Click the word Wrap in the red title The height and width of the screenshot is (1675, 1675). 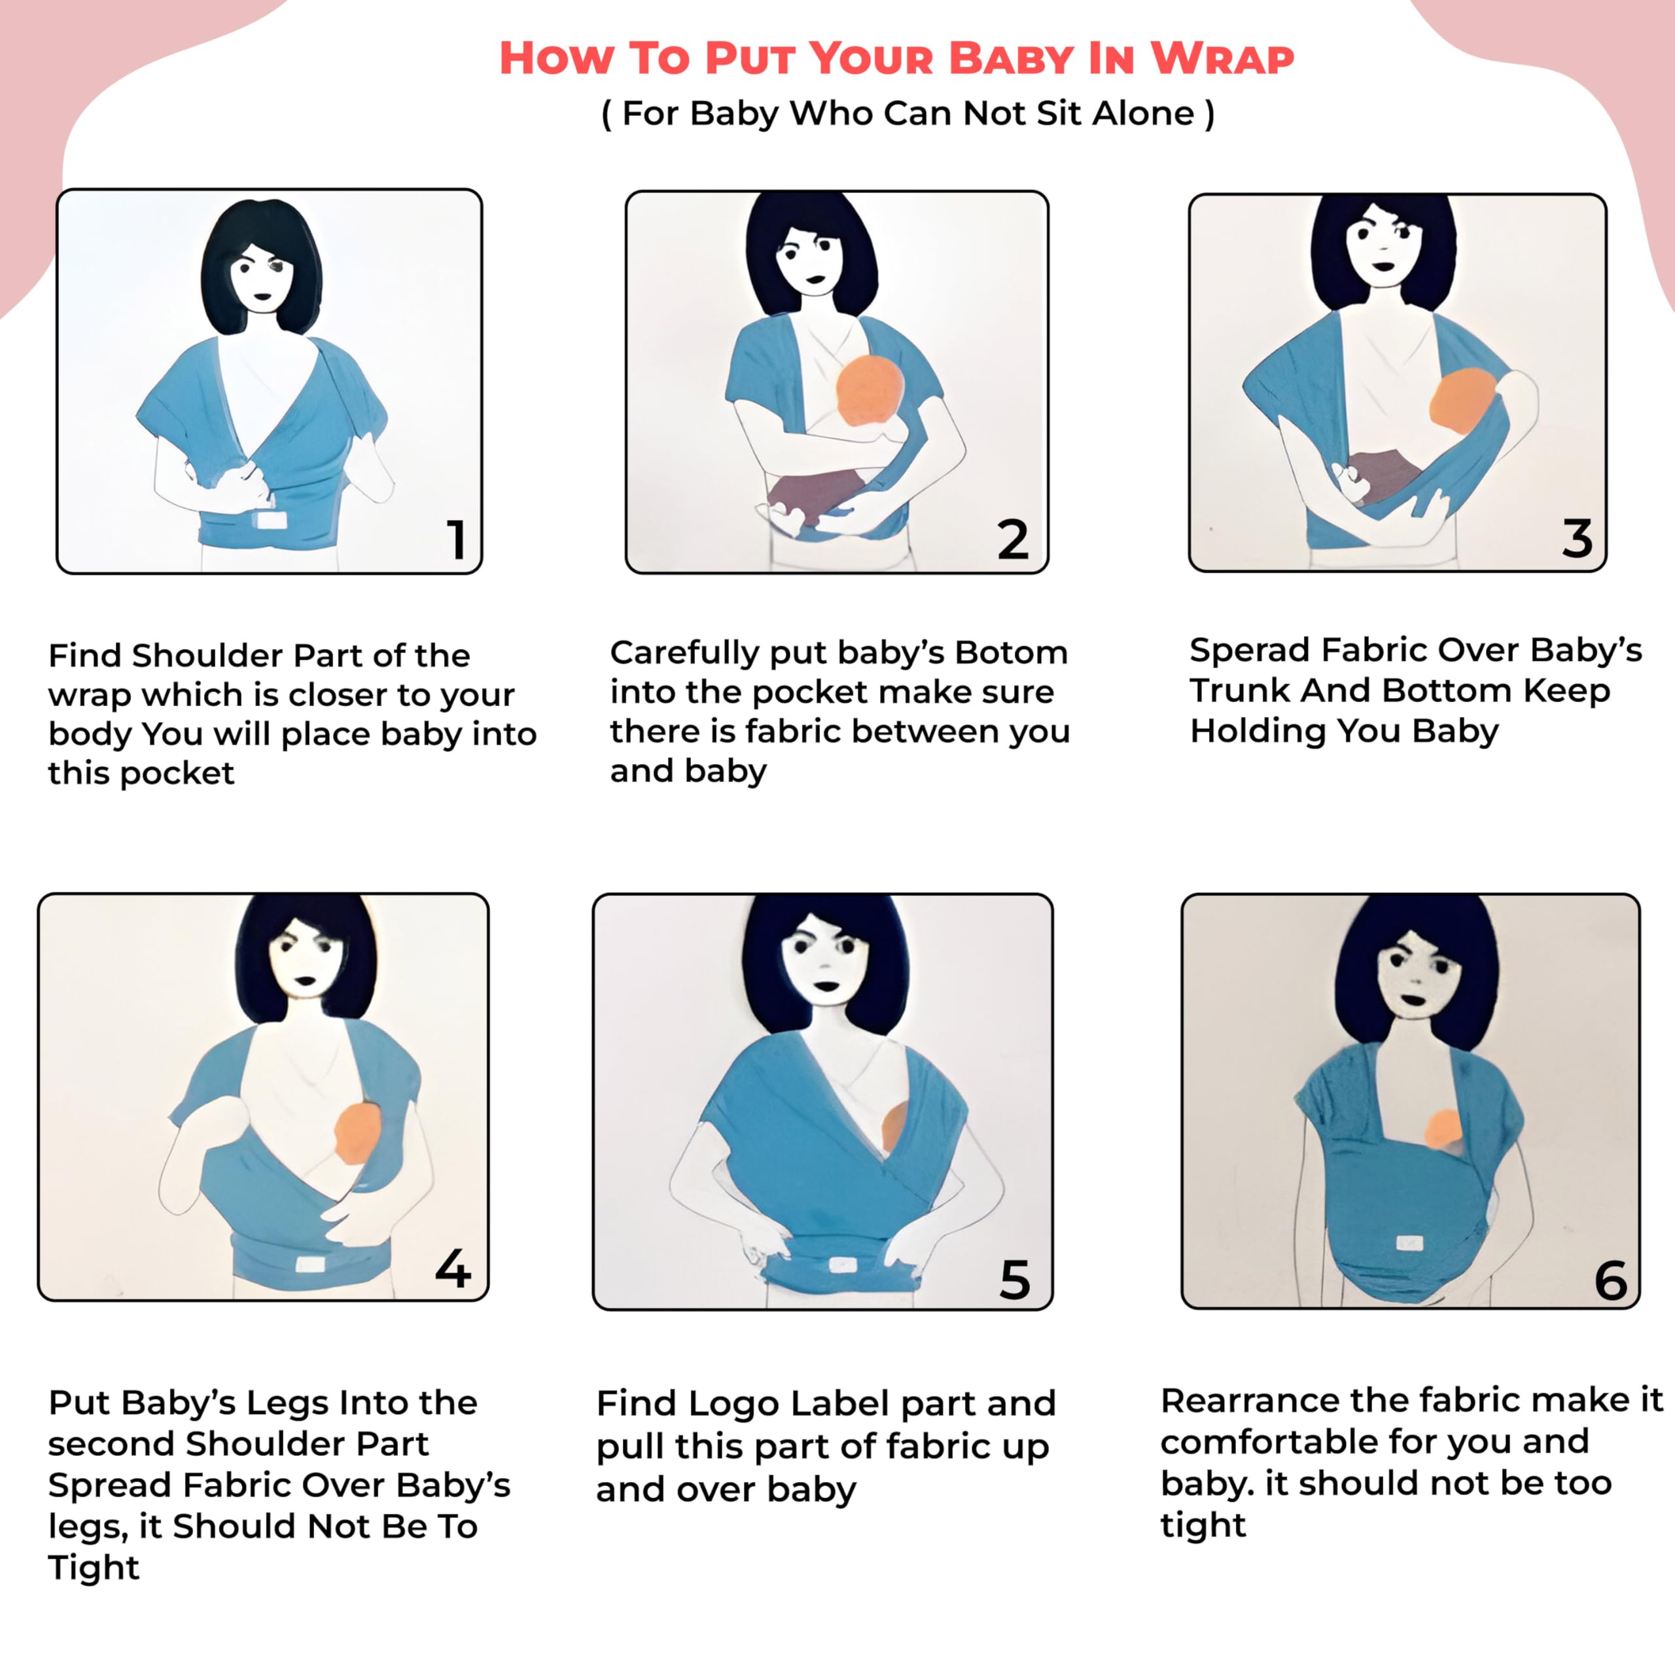click(x=1222, y=59)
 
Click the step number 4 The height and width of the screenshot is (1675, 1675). click(x=453, y=1269)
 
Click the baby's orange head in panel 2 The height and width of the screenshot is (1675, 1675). click(x=870, y=389)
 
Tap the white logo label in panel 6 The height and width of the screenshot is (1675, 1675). click(x=1410, y=1243)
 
